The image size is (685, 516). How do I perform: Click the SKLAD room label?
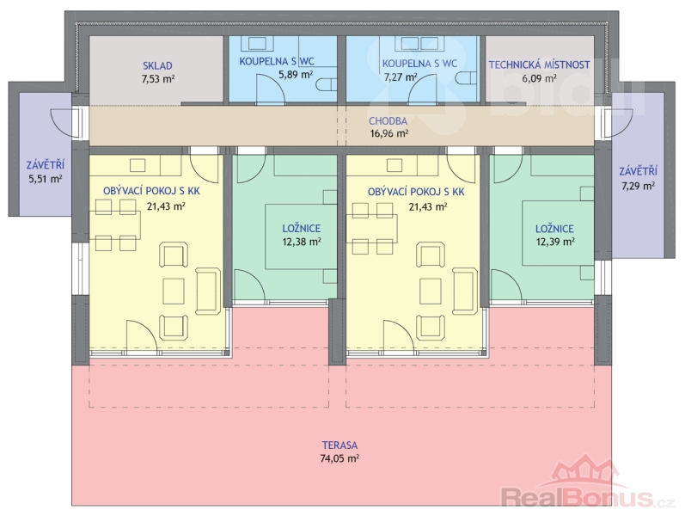157,65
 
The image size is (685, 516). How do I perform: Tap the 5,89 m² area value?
296,74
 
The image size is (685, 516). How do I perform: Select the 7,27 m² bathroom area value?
401,77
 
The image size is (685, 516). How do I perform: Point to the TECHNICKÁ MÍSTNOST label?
539,64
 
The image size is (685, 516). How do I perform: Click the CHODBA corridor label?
388,120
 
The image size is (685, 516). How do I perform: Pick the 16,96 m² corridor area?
389,133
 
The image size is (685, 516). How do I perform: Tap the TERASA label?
339,445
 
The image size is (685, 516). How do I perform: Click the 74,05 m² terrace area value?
339,458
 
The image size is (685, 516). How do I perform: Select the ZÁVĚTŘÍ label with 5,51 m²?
45,165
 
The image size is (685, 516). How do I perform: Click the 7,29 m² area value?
638,186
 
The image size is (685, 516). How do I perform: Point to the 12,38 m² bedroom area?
302,242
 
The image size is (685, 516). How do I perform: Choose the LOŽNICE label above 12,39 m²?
555,228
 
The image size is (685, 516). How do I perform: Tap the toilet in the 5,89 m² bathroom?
327,84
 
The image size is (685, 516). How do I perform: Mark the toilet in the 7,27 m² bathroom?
468,78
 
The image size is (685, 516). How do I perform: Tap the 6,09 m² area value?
539,78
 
